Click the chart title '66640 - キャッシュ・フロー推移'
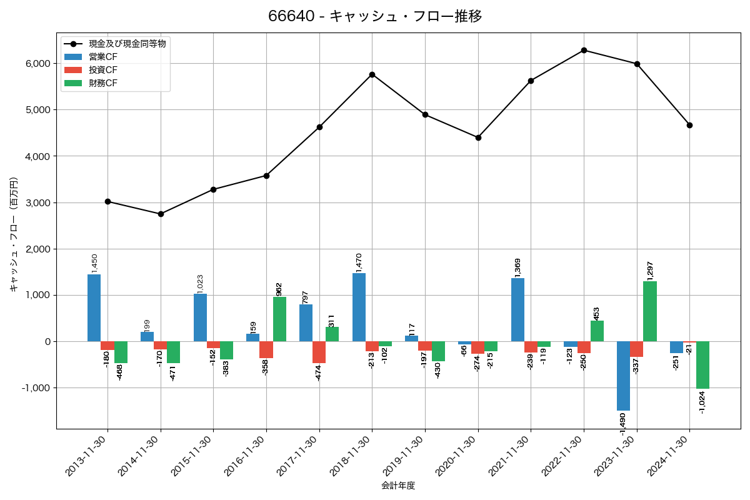(x=375, y=16)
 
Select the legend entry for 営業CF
(x=102, y=57)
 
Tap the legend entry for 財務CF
(x=102, y=82)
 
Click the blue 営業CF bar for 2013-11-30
(x=94, y=307)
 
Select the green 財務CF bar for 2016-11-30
(x=279, y=319)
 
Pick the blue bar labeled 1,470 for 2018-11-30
(x=359, y=307)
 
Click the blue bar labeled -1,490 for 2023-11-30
(x=623, y=376)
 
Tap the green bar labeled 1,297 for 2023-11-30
(x=650, y=311)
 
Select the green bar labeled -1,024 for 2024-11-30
(x=702, y=365)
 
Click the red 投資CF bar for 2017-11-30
(x=319, y=352)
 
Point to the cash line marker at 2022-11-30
(x=584, y=50)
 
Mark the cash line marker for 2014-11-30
(x=161, y=214)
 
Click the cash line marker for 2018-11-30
(x=372, y=74)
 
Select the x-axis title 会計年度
(x=398, y=486)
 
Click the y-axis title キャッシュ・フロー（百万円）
(x=13, y=234)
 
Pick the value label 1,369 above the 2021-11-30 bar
(x=517, y=267)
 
